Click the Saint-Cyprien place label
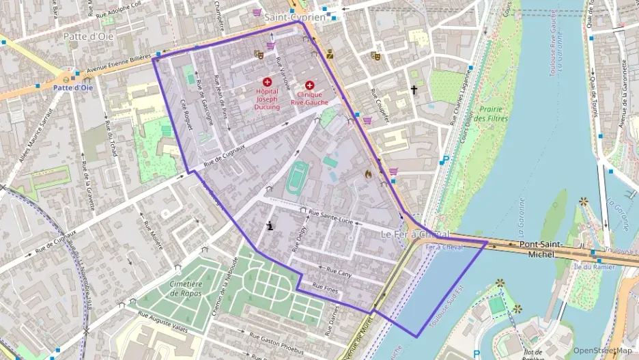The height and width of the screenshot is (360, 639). [x=294, y=16]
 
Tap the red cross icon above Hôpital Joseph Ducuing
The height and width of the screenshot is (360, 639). [x=267, y=82]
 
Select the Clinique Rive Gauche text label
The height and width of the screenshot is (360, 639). [x=309, y=98]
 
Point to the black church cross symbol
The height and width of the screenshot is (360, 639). [x=413, y=89]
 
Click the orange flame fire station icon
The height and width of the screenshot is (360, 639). [x=369, y=174]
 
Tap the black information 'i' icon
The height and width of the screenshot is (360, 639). [x=272, y=225]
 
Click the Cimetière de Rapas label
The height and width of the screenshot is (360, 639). [x=176, y=288]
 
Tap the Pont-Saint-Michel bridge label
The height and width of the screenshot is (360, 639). [x=542, y=249]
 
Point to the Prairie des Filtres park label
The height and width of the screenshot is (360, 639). [x=489, y=113]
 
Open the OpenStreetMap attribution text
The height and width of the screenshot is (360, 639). [x=603, y=350]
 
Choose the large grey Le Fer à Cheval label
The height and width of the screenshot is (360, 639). [x=414, y=234]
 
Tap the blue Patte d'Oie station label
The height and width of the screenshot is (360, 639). [x=73, y=87]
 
